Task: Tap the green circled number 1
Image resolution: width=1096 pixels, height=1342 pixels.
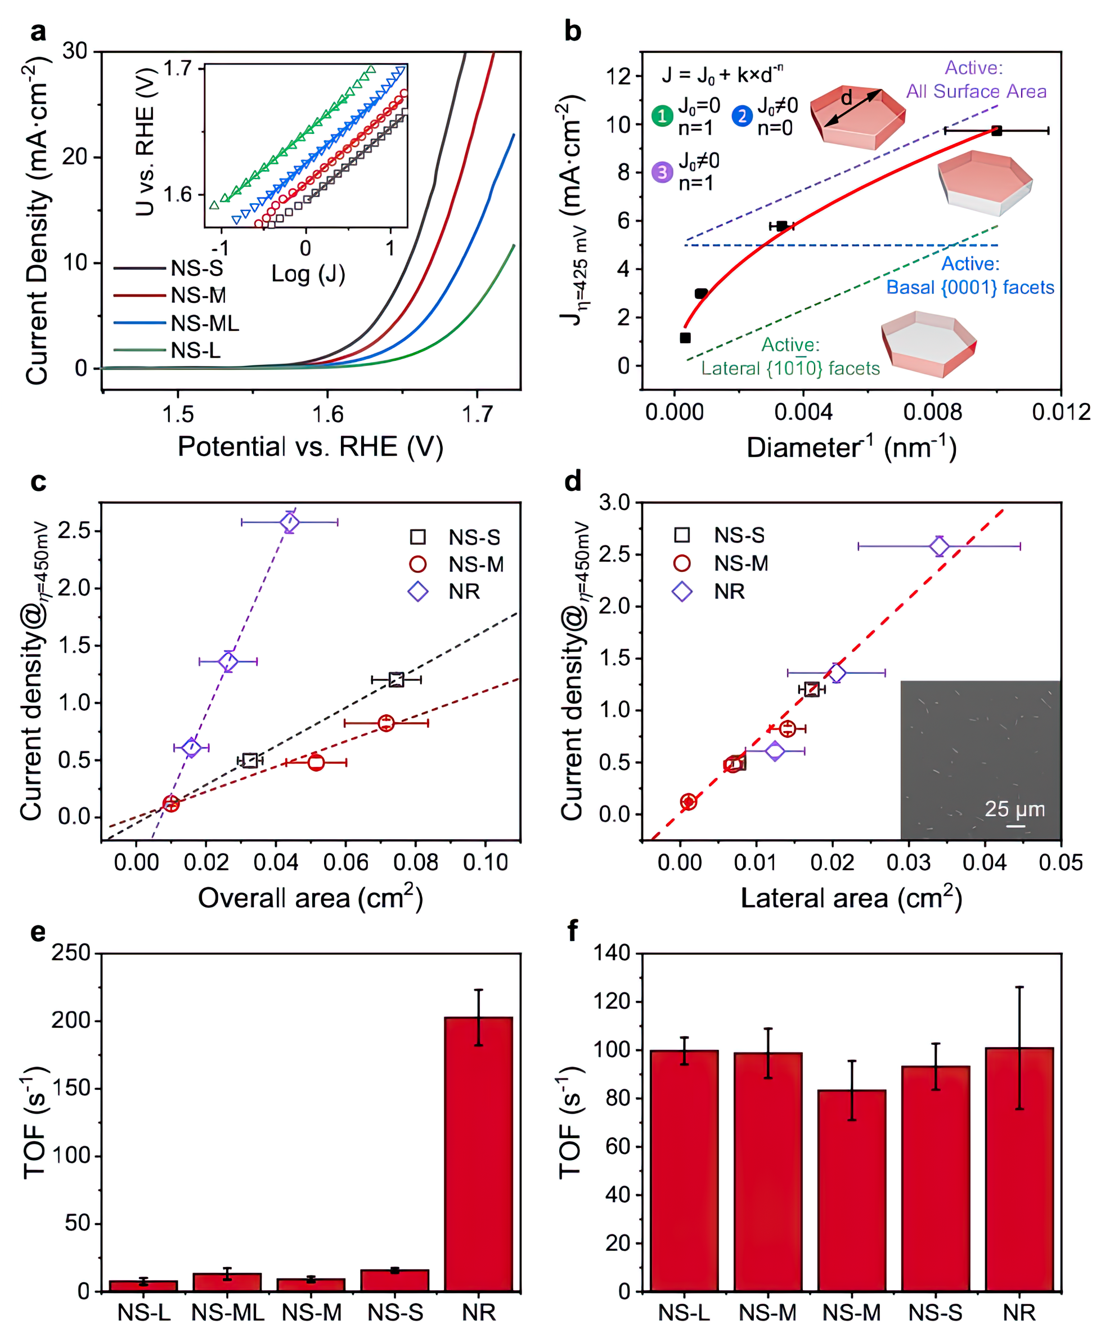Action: click(x=662, y=116)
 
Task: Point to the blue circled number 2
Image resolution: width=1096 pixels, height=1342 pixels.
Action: click(x=742, y=116)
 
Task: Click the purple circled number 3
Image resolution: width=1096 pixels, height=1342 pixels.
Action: click(x=662, y=172)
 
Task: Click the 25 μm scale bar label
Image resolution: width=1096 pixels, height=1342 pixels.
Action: click(x=1014, y=809)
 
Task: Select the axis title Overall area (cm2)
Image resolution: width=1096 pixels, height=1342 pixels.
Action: click(x=310, y=898)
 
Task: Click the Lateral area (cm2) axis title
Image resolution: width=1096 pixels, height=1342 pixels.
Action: click(x=851, y=898)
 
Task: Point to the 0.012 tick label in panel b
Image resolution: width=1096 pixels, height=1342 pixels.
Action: click(x=1061, y=413)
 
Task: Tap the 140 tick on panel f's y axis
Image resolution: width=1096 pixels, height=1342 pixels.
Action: click(x=612, y=953)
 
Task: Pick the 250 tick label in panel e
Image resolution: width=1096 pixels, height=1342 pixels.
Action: click(x=71, y=953)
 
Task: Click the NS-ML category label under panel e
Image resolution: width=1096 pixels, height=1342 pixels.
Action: click(x=227, y=1313)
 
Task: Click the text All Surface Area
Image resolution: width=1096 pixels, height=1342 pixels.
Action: click(x=976, y=92)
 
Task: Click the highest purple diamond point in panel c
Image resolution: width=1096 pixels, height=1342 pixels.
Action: click(x=290, y=522)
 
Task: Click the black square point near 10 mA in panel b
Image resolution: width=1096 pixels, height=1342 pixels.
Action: click(x=996, y=131)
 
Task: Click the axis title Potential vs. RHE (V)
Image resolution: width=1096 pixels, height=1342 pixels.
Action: click(x=310, y=446)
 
